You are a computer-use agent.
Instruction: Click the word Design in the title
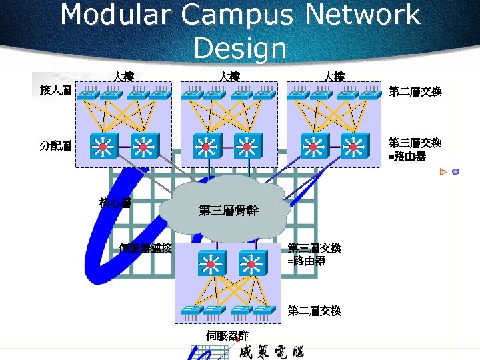point(240,47)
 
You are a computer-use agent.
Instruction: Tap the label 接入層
point(55,89)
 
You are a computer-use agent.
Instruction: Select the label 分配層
point(55,145)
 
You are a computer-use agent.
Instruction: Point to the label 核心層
point(114,201)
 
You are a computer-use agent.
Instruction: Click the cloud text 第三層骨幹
point(228,211)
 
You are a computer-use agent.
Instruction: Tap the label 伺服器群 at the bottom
point(227,335)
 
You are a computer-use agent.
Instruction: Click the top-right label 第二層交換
point(415,91)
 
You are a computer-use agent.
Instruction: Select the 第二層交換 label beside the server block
point(314,311)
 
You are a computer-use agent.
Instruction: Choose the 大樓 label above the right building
point(333,77)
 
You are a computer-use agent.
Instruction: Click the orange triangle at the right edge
point(443,172)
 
